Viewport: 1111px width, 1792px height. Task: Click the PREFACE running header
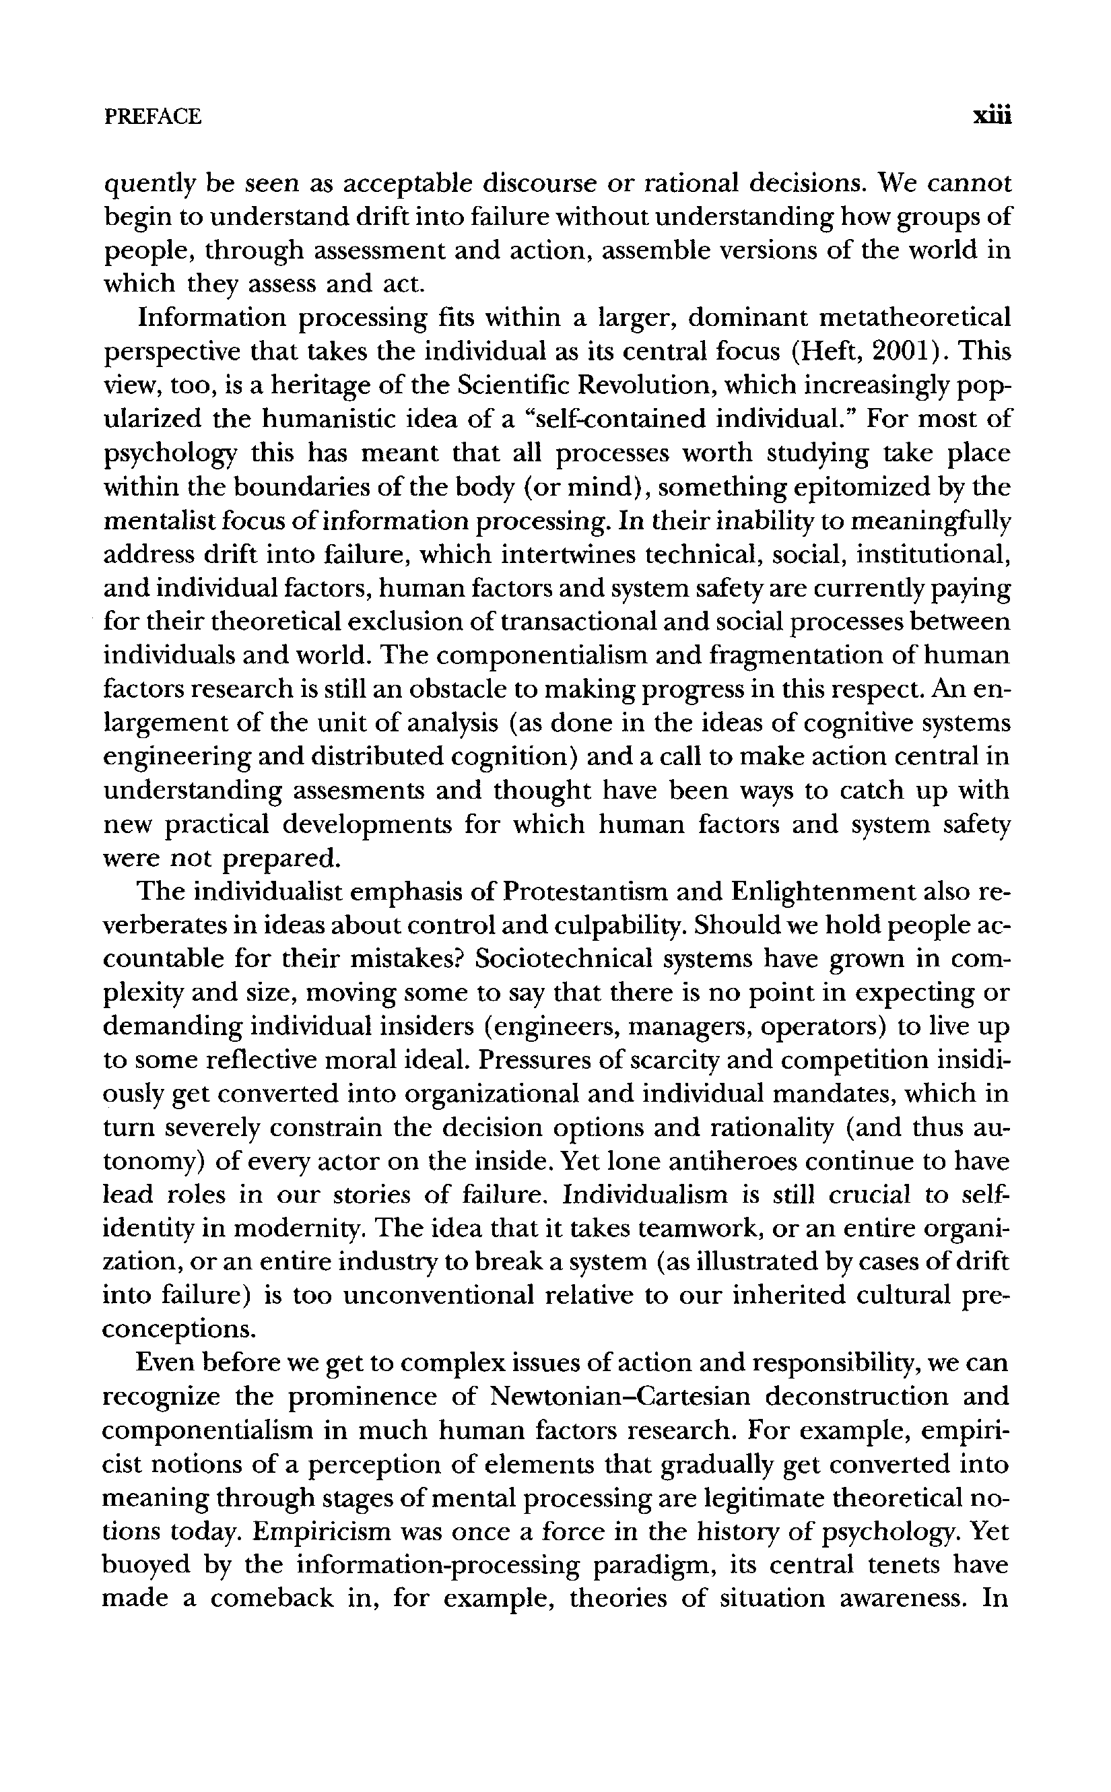(153, 116)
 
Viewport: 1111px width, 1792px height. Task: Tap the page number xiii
(992, 116)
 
